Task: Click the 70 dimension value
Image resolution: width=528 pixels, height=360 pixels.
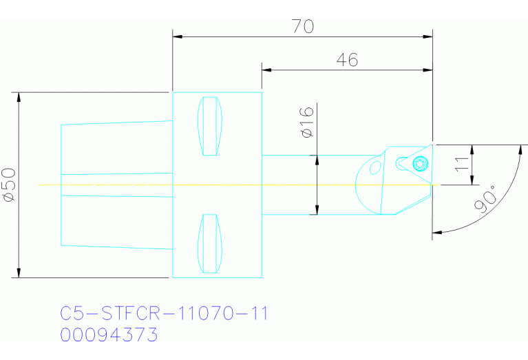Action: tap(303, 26)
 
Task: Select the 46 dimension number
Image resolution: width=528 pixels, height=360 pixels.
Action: tap(347, 60)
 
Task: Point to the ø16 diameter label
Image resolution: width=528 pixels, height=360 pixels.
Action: tap(308, 122)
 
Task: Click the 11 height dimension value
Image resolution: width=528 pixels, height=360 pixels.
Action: tap(462, 164)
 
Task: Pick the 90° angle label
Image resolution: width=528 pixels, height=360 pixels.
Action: tap(486, 202)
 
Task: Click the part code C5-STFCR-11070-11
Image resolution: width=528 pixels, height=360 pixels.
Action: tap(164, 314)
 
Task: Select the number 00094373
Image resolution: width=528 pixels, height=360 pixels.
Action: tap(109, 335)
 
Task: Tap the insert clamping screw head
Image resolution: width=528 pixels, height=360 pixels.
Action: tap(420, 163)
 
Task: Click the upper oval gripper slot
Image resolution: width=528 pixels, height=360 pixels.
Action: tap(210, 126)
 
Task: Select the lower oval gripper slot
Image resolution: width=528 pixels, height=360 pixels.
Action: tap(210, 243)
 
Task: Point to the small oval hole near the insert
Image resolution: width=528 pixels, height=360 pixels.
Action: tap(375, 167)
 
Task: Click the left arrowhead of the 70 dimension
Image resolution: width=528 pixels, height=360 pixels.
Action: tap(177, 35)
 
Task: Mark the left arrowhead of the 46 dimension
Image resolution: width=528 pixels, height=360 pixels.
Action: tap(266, 70)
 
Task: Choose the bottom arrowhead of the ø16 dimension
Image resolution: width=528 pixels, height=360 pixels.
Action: tap(317, 210)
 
